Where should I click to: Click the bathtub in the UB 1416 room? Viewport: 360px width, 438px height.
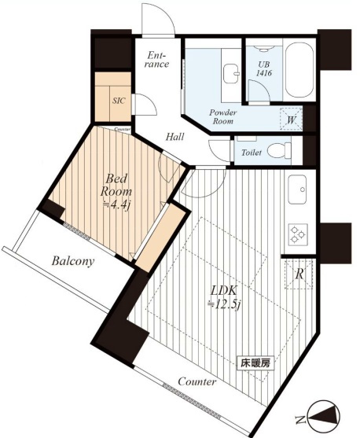(299, 71)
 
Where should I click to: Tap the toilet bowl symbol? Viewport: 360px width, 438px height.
(279, 151)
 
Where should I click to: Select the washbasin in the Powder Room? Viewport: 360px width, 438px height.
(231, 74)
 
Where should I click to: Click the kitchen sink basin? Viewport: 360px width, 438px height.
(298, 190)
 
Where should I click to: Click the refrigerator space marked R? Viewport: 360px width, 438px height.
(299, 274)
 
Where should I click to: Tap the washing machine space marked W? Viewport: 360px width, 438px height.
(291, 119)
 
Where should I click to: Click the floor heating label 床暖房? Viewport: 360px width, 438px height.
(255, 363)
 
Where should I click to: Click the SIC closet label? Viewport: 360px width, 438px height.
(119, 101)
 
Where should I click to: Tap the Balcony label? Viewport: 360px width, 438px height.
(73, 261)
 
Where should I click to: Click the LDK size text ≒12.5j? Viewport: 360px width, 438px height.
(224, 304)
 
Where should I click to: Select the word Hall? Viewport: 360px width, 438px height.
(175, 137)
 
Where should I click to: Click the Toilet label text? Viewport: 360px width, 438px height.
(252, 153)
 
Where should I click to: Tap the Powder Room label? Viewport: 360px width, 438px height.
(223, 116)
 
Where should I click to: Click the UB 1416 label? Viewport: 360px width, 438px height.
(264, 68)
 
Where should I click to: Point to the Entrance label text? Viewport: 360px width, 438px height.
(158, 59)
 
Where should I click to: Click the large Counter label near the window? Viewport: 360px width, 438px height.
(197, 381)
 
